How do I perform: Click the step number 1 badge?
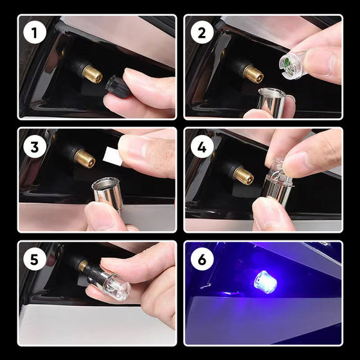[x=33, y=32]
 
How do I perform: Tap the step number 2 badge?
[x=201, y=32]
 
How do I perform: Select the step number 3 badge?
[x=33, y=146]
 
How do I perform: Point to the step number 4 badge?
[x=201, y=146]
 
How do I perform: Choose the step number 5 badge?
[x=33, y=259]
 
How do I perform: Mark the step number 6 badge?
[x=201, y=259]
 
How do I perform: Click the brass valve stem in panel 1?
[x=92, y=74]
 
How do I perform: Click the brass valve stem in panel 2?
[x=253, y=74]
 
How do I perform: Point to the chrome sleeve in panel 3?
[x=107, y=192]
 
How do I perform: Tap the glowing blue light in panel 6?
[x=265, y=282]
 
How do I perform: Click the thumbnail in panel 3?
[x=101, y=217]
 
